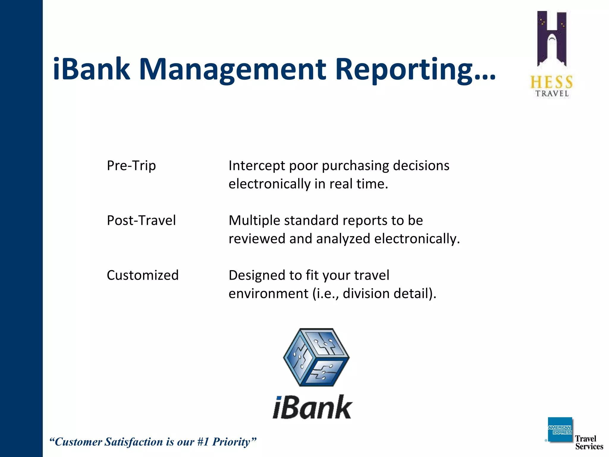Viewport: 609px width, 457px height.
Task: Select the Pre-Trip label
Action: (131, 166)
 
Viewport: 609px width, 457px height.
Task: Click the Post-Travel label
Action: (141, 220)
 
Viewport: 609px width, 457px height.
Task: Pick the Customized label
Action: (142, 275)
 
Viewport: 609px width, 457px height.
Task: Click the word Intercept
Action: (257, 166)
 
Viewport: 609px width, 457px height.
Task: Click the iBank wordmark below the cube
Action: (312, 408)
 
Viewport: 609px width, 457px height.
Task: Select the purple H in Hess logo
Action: (552, 39)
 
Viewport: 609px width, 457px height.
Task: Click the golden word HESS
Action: (552, 82)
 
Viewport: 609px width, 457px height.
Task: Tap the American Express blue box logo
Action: (560, 430)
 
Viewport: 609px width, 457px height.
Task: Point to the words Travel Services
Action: (588, 442)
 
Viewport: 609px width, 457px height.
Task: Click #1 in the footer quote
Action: (203, 442)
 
